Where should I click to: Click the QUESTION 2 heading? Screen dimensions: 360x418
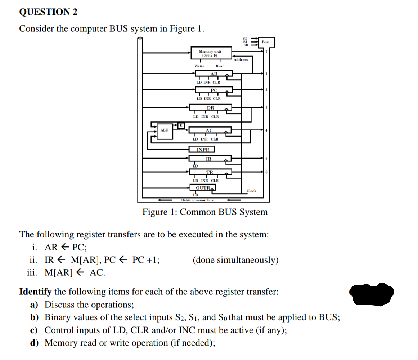[x=48, y=12]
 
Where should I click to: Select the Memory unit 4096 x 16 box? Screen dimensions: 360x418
[x=210, y=53]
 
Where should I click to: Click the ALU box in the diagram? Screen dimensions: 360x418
[x=164, y=130]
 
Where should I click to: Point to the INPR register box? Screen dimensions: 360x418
[x=202, y=149]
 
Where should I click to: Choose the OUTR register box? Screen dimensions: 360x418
[x=203, y=187]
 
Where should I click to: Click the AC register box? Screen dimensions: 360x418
[x=210, y=130]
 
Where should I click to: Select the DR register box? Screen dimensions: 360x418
[x=211, y=107]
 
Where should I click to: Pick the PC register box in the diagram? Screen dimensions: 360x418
[x=214, y=90]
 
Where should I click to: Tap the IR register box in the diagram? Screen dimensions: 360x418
[x=209, y=159]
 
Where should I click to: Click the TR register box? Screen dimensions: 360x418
[x=210, y=172]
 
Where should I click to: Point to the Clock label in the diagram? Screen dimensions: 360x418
[x=251, y=191]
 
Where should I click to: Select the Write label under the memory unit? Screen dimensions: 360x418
[x=199, y=66]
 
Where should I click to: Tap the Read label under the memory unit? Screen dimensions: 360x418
[x=220, y=66]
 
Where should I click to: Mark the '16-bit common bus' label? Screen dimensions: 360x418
[x=197, y=200]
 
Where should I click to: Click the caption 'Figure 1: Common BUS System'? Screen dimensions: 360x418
[x=205, y=212]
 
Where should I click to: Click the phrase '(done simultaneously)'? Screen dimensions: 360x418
[x=235, y=260]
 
